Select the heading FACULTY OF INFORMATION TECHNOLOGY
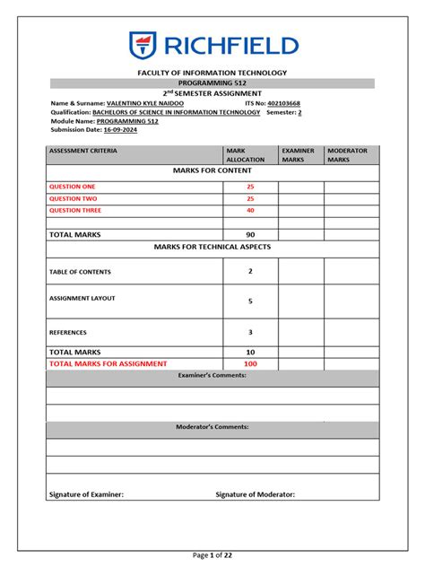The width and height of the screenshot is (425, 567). [212, 72]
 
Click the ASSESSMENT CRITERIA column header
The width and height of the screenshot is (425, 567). [82, 151]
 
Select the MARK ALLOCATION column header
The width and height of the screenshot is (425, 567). [246, 155]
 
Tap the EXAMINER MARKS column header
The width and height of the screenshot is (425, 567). [297, 155]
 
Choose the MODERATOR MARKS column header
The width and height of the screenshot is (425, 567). [347, 155]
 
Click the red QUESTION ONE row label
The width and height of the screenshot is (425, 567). [72, 187]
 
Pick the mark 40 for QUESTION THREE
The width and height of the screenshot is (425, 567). [250, 210]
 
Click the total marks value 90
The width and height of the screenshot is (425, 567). [250, 234]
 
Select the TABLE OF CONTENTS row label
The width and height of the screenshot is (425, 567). [80, 271]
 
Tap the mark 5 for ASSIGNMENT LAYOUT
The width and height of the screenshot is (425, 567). [250, 301]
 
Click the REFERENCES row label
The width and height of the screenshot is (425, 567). [68, 332]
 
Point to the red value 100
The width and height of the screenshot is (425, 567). [250, 363]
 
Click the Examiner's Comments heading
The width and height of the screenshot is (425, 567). [212, 375]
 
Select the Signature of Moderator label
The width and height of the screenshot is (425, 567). [256, 494]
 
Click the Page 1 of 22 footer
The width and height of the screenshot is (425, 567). [212, 556]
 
